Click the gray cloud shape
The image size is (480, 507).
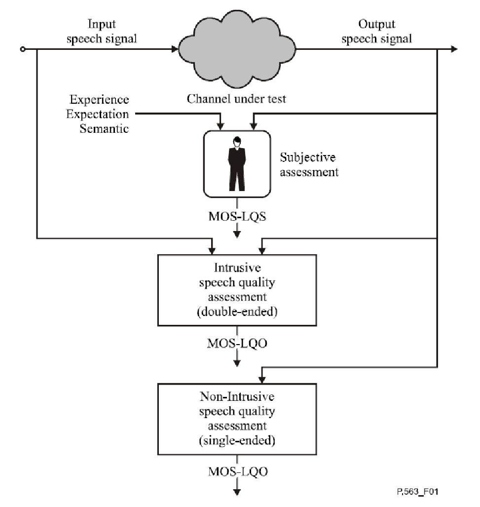tap(237, 49)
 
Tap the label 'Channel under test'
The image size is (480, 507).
tap(237, 99)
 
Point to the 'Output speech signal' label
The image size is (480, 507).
tap(377, 31)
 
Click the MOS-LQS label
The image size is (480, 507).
tap(237, 217)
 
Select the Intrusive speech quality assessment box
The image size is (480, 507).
tap(237, 290)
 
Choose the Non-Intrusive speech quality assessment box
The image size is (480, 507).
tap(237, 418)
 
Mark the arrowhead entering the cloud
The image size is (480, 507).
tap(174, 49)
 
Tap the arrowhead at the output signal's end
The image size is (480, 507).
tap(454, 49)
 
